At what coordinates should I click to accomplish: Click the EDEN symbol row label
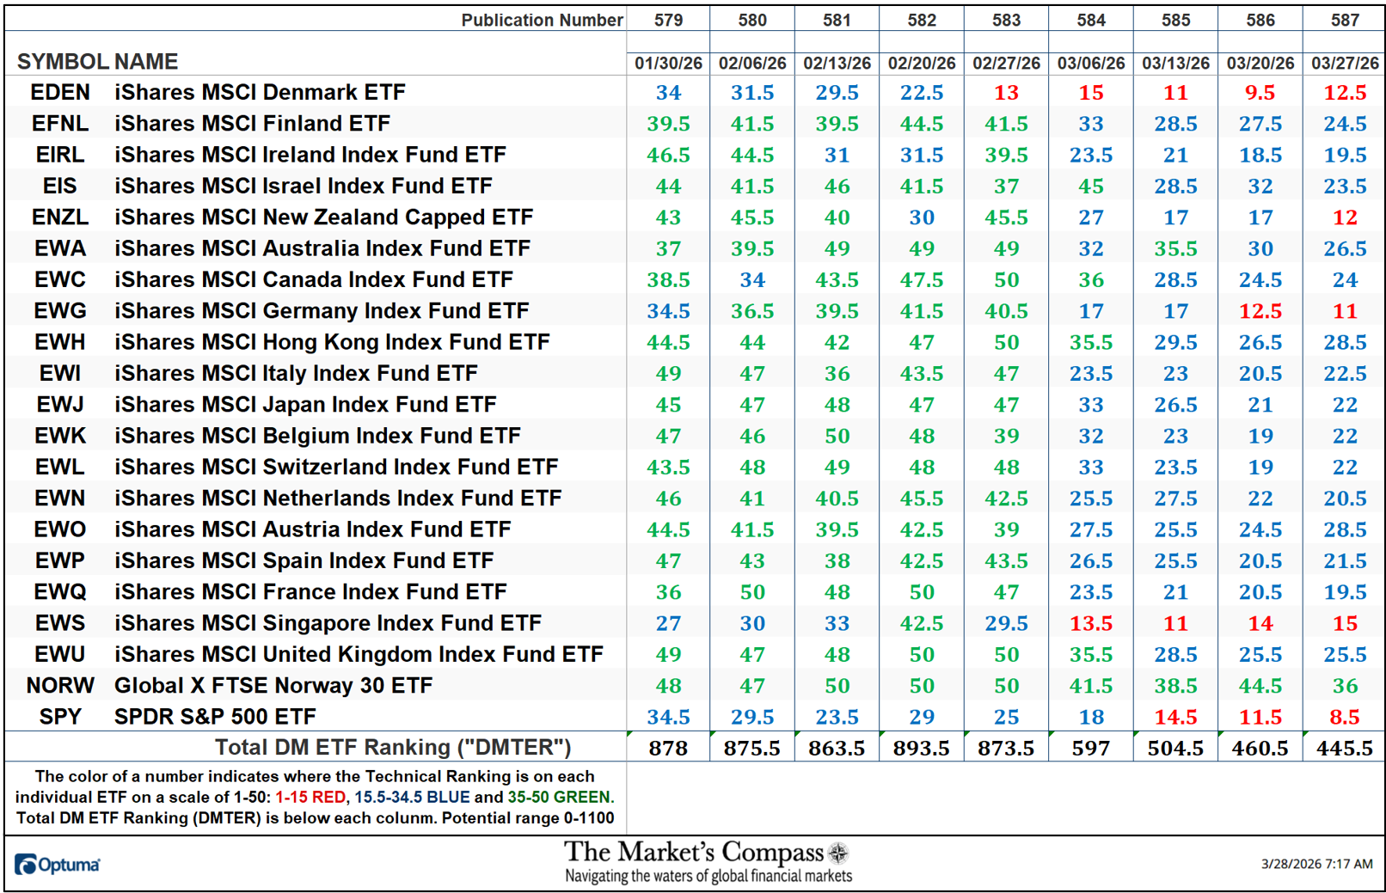tap(59, 92)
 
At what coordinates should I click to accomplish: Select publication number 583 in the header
tap(1006, 20)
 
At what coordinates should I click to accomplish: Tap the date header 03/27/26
tap(1345, 64)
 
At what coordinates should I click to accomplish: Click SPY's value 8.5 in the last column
tap(1345, 717)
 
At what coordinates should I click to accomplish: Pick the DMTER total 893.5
tap(921, 748)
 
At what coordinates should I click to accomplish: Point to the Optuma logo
tap(57, 864)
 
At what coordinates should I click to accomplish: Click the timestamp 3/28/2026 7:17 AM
tap(1316, 864)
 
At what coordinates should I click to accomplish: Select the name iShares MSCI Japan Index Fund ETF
tap(305, 404)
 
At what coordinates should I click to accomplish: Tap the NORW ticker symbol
tap(59, 685)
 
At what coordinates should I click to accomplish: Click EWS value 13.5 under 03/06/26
tap(1090, 623)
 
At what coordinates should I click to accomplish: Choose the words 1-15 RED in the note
tap(310, 797)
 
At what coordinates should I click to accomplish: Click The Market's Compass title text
tap(693, 852)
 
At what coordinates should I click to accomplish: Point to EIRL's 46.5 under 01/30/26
tap(668, 155)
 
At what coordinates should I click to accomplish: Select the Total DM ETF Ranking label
tap(392, 747)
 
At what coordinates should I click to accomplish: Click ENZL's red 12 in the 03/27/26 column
tap(1345, 217)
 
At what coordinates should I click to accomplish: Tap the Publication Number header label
tap(542, 20)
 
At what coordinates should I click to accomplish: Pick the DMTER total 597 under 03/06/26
tap(1090, 748)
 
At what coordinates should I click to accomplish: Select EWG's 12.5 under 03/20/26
tap(1260, 311)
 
